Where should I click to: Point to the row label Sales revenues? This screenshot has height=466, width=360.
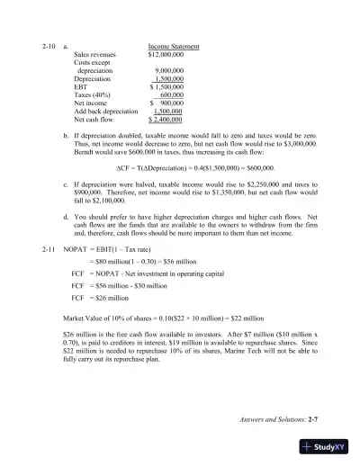95,54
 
